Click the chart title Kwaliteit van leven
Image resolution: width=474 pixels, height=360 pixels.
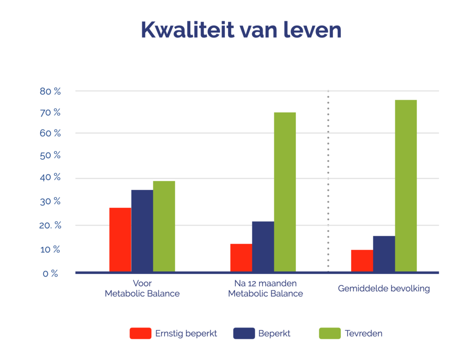(241, 30)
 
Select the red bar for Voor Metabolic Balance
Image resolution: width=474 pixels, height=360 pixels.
(120, 240)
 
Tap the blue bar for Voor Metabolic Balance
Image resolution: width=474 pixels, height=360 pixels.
(142, 231)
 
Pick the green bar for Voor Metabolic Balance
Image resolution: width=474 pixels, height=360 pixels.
(164, 226)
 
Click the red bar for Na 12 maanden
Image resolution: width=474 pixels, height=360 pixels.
(241, 258)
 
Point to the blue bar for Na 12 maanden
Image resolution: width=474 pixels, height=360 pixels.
(263, 247)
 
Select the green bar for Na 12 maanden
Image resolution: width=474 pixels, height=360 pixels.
(285, 192)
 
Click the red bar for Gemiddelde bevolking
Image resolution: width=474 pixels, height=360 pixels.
(362, 261)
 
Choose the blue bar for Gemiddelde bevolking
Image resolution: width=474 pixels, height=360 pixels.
(384, 254)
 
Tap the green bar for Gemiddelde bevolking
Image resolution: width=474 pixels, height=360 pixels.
(406, 186)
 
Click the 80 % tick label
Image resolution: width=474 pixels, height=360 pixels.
(50, 91)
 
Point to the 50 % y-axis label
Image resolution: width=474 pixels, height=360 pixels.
(50, 155)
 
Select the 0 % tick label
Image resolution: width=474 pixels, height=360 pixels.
(50, 273)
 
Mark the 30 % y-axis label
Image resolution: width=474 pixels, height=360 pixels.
(50, 201)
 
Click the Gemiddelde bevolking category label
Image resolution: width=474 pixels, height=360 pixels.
(384, 288)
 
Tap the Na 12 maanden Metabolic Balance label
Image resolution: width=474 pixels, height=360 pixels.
(265, 289)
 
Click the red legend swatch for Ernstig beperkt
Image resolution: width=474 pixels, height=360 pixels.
(140, 333)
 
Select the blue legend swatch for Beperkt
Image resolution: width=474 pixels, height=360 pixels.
(244, 333)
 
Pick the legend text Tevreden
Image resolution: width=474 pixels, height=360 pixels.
(363, 333)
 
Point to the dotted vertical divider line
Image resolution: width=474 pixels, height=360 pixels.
(328, 180)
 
